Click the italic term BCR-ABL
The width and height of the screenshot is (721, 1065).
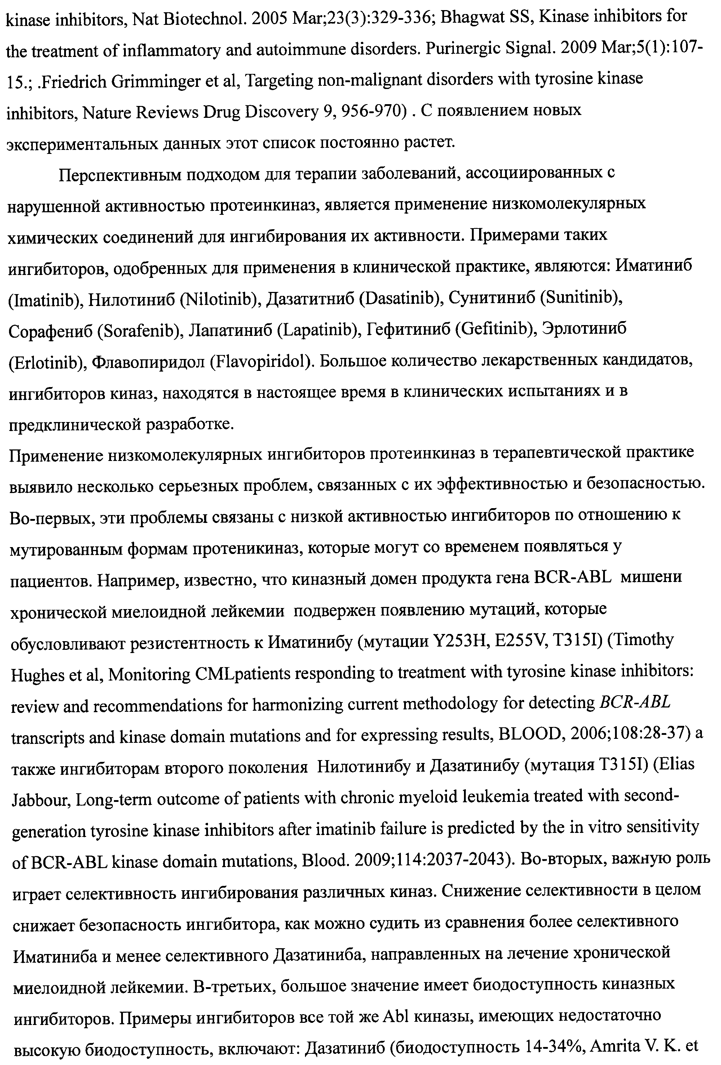[x=635, y=702]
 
